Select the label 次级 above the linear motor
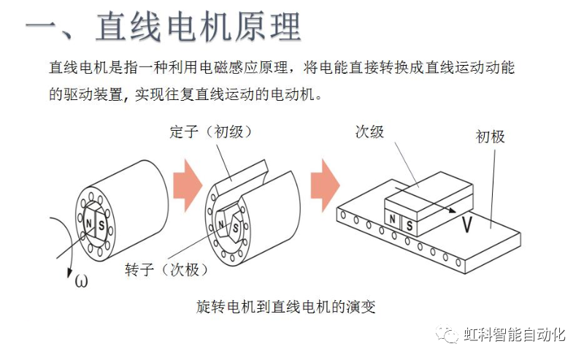(x=369, y=132)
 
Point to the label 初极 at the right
(x=491, y=137)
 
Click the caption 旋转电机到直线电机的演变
(x=286, y=306)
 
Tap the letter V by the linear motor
(x=466, y=225)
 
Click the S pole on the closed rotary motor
(x=101, y=224)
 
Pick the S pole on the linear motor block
(x=409, y=226)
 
